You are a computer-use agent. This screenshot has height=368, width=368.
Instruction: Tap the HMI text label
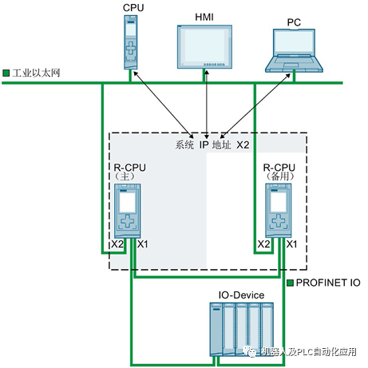pyautogui.click(x=205, y=16)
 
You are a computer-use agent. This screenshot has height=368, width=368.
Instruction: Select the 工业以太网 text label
pyautogui.click(x=37, y=73)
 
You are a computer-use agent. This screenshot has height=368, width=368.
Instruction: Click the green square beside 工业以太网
pyautogui.click(x=6, y=73)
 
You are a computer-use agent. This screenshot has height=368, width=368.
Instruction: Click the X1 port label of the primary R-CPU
pyautogui.click(x=142, y=243)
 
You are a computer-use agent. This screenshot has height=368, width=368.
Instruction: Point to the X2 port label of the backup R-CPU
pyautogui.click(x=264, y=243)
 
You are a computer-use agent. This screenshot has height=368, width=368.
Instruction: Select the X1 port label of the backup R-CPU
pyautogui.click(x=291, y=243)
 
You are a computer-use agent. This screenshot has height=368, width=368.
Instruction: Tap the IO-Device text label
pyautogui.click(x=242, y=295)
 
